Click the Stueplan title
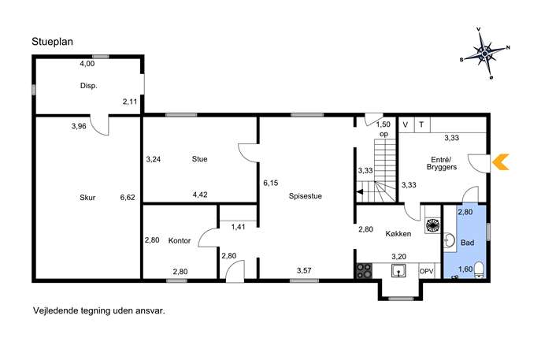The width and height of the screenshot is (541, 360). pos(53,42)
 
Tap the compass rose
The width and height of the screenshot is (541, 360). pos(485,54)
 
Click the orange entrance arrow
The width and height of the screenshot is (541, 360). pos(500,161)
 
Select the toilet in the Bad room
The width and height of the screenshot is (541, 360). pos(479,269)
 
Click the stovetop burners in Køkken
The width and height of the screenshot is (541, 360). pos(364,271)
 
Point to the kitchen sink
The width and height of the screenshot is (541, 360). pos(398,271)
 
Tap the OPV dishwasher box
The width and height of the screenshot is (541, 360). pos(427,271)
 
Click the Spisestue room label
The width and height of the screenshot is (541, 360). pos(306,196)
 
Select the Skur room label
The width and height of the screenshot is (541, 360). pos(87,198)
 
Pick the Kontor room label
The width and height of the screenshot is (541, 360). pos(180,240)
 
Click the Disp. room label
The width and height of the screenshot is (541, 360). pos(89,86)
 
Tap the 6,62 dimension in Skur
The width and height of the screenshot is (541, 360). pos(128,198)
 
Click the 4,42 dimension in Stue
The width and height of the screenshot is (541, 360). pos(200,195)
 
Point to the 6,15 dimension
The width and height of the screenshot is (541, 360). pos(271,183)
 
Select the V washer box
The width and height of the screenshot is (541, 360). pos(406,124)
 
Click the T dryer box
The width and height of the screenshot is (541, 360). pos(421,124)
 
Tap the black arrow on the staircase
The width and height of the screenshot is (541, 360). pos(360,192)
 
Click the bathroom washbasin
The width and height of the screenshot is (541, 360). pos(449,240)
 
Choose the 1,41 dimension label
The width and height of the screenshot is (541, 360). pos(238,227)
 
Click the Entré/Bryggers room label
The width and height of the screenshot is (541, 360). pos(442,163)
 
